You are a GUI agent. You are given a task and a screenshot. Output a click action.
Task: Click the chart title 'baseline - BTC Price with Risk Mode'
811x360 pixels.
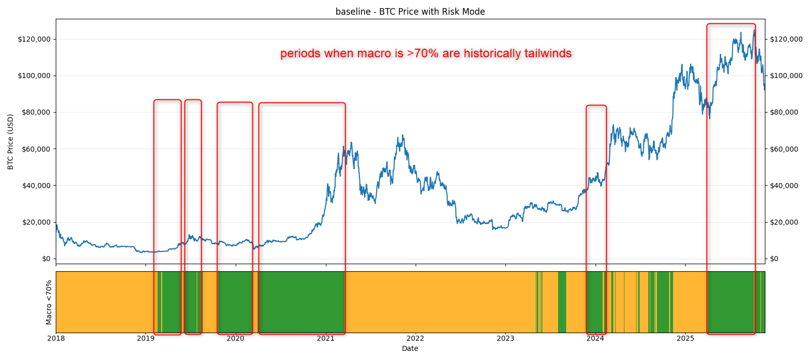[x=410, y=12]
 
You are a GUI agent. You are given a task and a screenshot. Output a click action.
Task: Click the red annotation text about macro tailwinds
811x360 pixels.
[x=426, y=53]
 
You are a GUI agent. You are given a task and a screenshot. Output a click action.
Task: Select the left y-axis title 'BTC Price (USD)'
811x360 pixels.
[x=11, y=141]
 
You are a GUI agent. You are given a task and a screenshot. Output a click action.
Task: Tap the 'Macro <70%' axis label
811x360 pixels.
[x=49, y=302]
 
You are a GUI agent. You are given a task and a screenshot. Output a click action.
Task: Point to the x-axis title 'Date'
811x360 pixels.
[x=410, y=348]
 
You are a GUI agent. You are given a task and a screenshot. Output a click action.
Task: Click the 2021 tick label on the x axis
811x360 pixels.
[x=325, y=338]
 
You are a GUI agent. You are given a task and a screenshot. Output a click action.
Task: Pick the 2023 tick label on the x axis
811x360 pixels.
[x=505, y=338]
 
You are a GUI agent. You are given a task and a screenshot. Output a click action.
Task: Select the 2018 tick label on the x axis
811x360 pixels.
[x=56, y=338]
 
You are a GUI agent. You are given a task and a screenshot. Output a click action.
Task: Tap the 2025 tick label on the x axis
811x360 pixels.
[x=685, y=338]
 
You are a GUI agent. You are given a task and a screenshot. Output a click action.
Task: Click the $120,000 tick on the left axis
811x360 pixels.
[x=33, y=39]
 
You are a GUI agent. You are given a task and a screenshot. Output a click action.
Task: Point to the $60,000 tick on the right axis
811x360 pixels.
[x=784, y=149]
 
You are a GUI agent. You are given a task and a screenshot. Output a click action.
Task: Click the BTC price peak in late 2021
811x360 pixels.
[x=403, y=136]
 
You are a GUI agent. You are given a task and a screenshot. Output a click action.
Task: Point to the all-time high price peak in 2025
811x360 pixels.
[x=754, y=31]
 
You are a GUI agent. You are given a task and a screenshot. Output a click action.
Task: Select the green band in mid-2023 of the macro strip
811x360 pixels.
[x=562, y=302]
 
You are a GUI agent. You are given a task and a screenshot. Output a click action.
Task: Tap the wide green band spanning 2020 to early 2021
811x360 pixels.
[x=302, y=302]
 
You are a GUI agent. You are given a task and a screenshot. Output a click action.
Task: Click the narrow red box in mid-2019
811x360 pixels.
[x=193, y=100]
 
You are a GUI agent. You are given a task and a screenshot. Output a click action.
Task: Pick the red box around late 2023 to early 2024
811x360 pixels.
[x=596, y=106]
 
